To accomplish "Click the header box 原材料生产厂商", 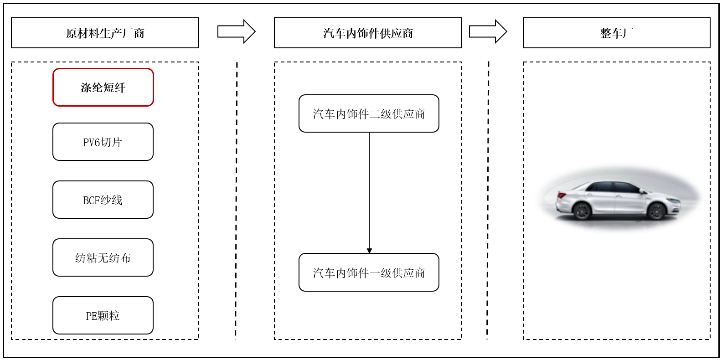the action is pos(105,33).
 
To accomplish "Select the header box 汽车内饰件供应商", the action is pos(368,33).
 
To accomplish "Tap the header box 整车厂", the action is pos(617,33).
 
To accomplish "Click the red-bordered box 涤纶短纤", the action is pos(103,87).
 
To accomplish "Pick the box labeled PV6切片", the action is pos(103,142).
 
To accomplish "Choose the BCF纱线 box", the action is pos(103,200).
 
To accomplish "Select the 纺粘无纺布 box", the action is pos(103,257).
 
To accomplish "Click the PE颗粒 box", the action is pos(103,315).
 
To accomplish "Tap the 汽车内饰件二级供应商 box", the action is pos(369,113).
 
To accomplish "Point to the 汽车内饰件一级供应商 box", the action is pos(369,273).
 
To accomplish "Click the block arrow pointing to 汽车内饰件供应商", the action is pos(237,31).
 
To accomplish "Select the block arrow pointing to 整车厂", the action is pos(488,31).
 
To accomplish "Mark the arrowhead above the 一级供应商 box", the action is pos(369,251).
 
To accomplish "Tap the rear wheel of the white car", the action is pos(582,211).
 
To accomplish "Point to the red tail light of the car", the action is pos(562,195).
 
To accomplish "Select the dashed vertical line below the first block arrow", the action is pos(236,201).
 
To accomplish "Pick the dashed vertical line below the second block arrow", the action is pos(488,200).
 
